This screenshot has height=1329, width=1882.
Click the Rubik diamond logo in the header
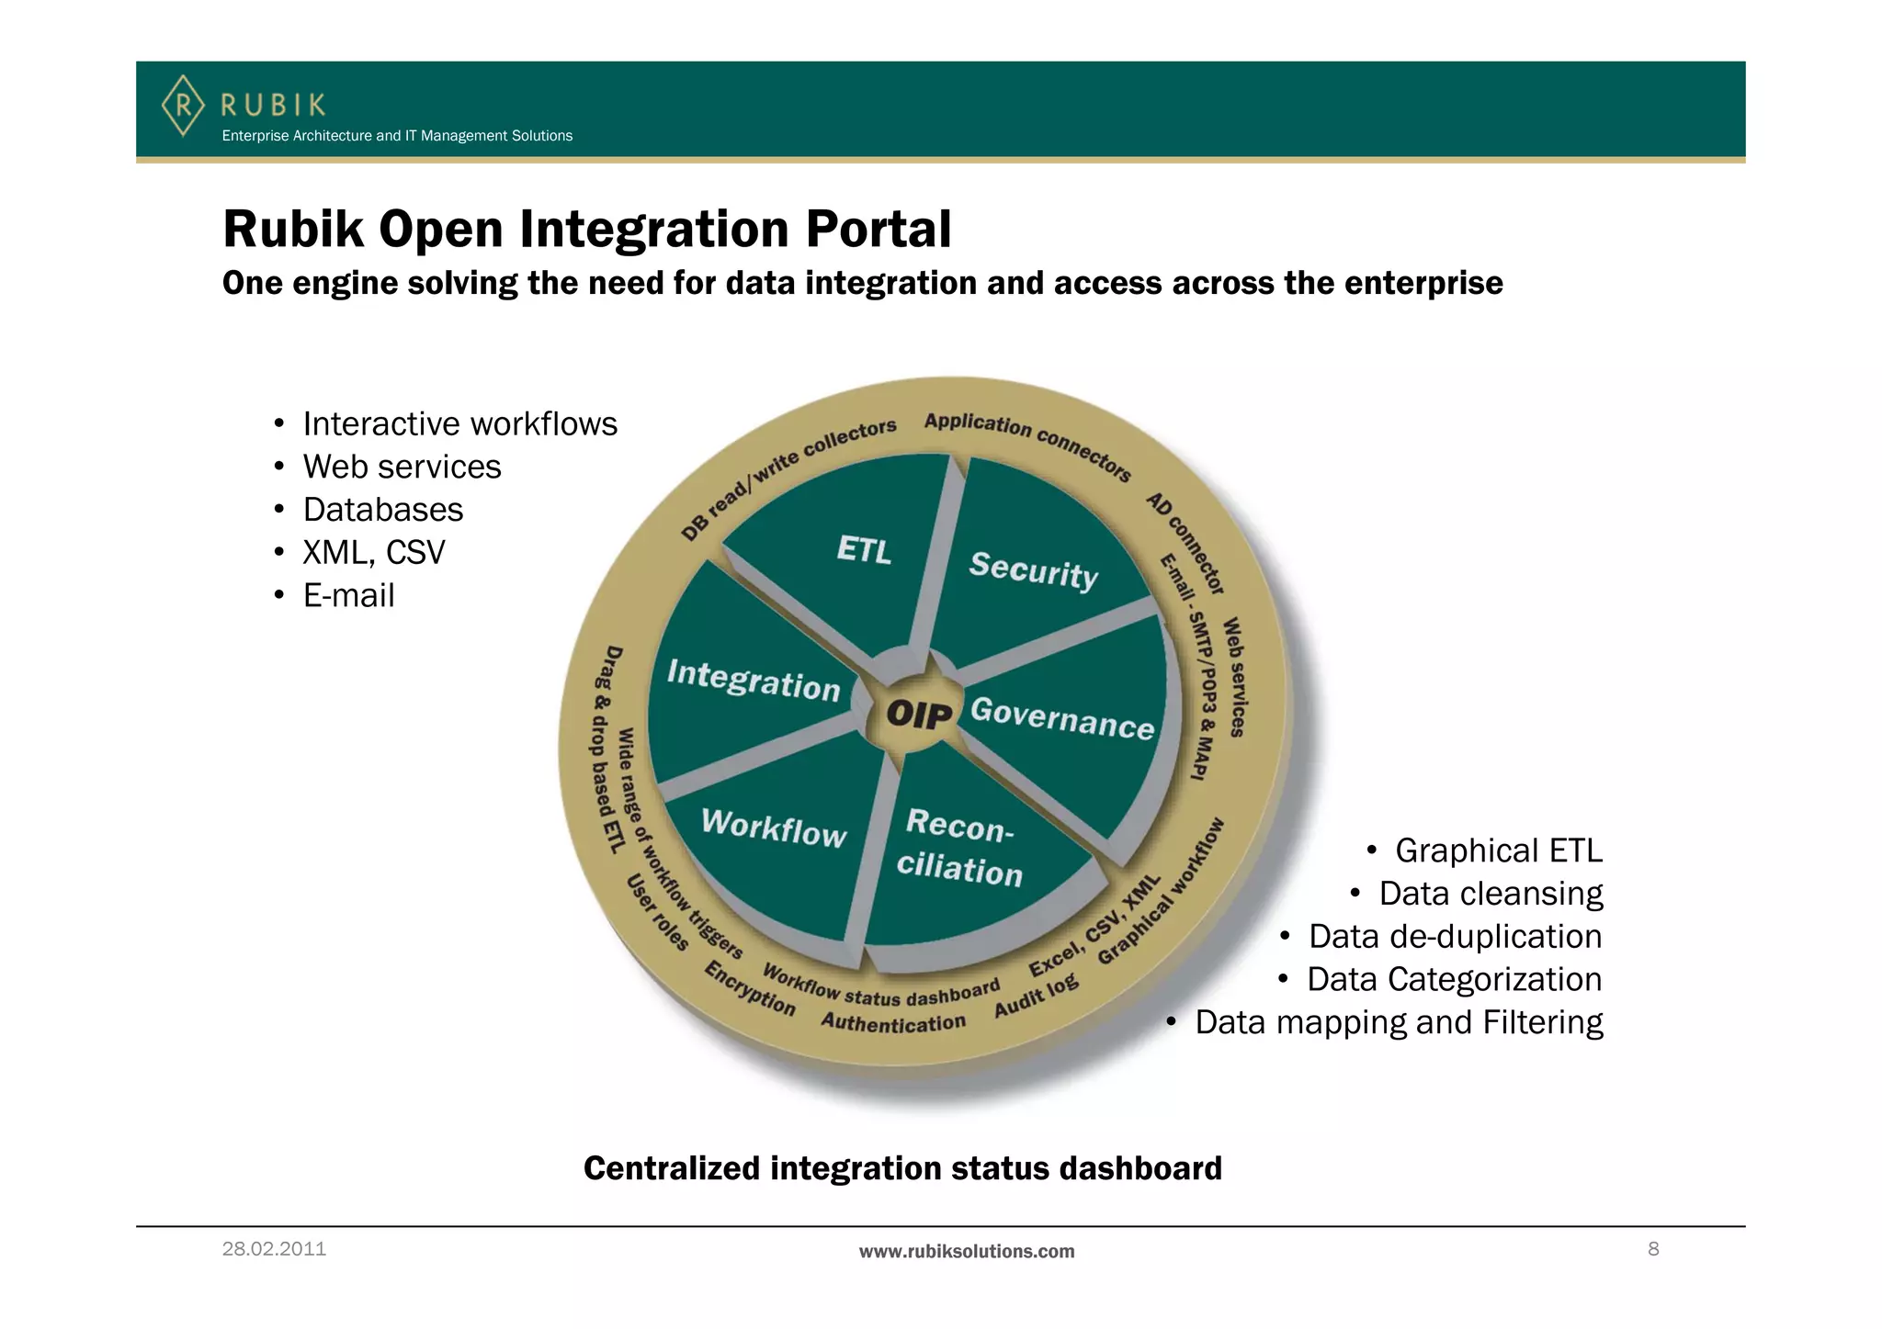[x=183, y=106]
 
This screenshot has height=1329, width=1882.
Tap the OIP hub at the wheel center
[x=918, y=714]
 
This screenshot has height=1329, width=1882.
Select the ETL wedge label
[x=864, y=549]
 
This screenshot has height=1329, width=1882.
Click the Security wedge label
[x=1033, y=570]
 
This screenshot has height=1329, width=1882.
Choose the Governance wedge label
[x=1061, y=717]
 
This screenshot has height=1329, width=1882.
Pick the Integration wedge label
[x=754, y=681]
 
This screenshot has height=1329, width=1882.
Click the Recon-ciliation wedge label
[x=959, y=847]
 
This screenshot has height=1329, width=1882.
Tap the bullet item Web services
[x=402, y=467]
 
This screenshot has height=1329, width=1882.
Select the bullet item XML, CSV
[x=373, y=553]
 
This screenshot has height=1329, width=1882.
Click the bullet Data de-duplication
[x=1455, y=937]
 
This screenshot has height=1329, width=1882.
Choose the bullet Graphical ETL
[x=1498, y=850]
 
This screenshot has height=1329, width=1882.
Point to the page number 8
[x=1653, y=1248]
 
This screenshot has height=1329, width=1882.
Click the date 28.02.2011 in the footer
[x=274, y=1249]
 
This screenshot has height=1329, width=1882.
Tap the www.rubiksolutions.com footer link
[x=966, y=1251]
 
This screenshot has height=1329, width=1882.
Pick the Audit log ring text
[x=1036, y=997]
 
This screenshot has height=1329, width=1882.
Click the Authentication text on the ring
[x=892, y=1022]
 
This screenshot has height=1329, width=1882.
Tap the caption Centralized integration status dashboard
[x=902, y=1168]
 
